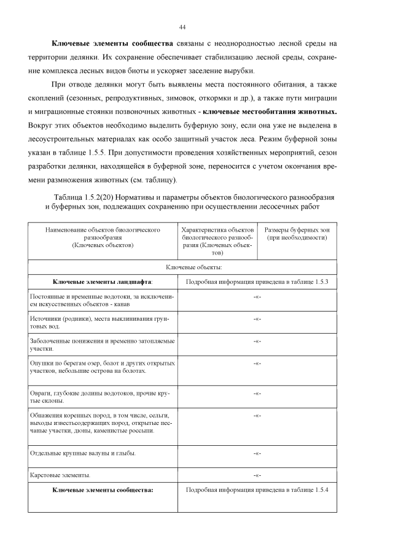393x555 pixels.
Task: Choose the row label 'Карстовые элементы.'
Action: [60, 475]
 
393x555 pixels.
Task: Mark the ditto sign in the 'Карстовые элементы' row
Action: [258, 475]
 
